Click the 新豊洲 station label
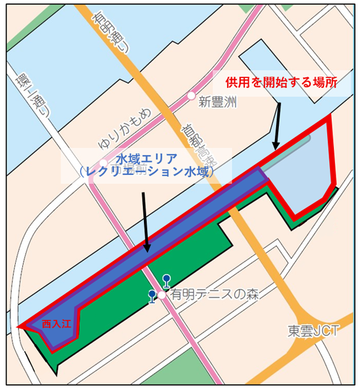click(x=218, y=102)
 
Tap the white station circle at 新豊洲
click(x=191, y=96)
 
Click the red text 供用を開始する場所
click(x=281, y=83)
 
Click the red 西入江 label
click(x=55, y=324)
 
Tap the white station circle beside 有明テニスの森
click(x=161, y=295)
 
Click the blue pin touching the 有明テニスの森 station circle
click(x=153, y=296)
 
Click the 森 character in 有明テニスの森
click(x=251, y=295)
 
